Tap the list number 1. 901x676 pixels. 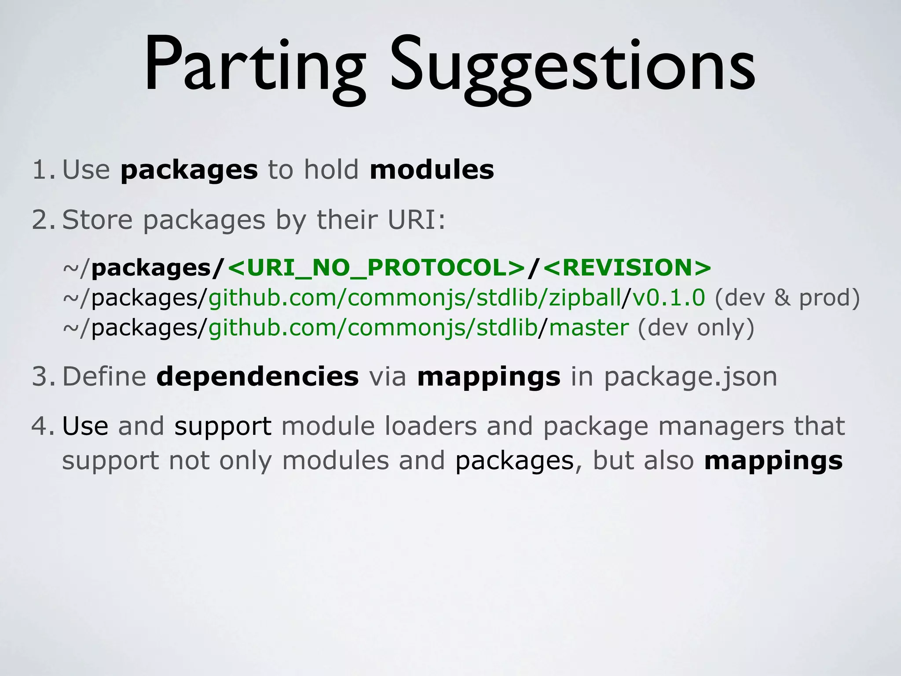click(43, 170)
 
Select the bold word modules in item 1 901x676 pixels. click(432, 170)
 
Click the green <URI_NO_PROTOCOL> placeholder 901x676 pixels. click(377, 268)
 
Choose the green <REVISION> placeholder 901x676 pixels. click(627, 268)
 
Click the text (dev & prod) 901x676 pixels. click(787, 298)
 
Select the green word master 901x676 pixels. click(589, 327)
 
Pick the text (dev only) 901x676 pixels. click(696, 327)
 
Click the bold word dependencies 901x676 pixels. click(257, 377)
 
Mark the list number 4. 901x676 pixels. click(43, 426)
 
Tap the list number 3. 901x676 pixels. click(43, 377)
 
